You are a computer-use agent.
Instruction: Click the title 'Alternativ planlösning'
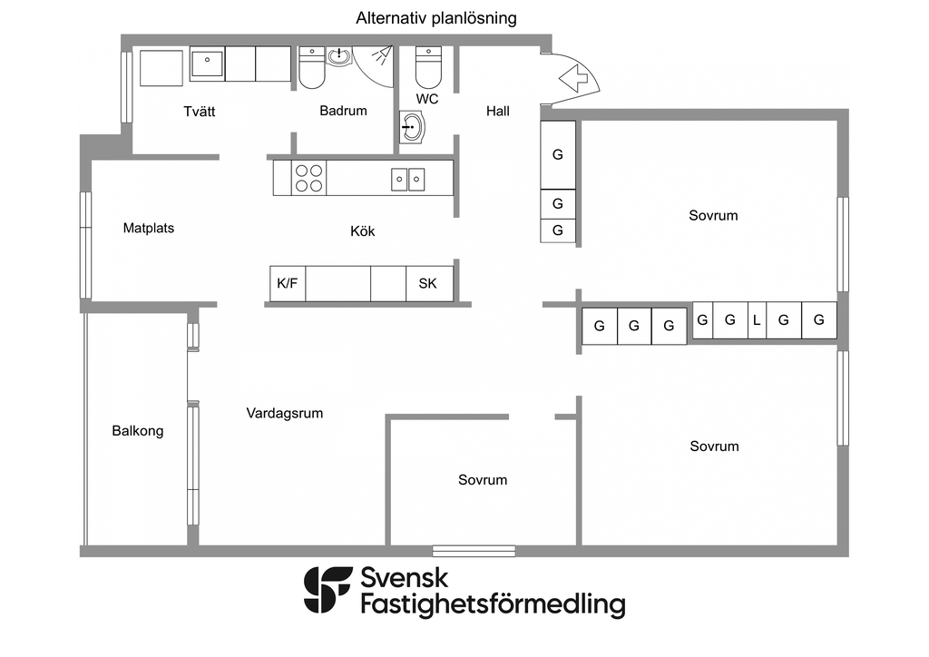[436, 18]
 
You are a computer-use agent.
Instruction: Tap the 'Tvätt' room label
[199, 112]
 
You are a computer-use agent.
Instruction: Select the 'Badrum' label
[343, 111]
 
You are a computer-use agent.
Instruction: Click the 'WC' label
[427, 98]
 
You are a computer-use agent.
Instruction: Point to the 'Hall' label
[497, 112]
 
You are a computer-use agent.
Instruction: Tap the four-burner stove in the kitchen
[308, 177]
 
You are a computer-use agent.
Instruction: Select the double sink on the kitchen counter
[408, 179]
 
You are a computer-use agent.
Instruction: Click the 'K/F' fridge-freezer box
[288, 284]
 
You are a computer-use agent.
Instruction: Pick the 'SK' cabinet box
[427, 284]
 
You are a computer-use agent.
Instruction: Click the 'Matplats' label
[149, 228]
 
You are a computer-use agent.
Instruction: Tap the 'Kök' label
[362, 231]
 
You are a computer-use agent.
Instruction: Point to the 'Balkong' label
[138, 431]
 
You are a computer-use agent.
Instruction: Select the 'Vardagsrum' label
[285, 413]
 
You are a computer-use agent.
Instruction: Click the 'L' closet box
[756, 320]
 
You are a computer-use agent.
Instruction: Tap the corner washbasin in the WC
[412, 127]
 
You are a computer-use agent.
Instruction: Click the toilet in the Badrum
[312, 68]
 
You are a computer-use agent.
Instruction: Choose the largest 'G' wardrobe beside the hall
[558, 154]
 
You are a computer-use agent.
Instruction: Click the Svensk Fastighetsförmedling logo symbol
[328, 590]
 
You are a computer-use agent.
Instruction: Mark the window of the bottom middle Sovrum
[474, 550]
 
